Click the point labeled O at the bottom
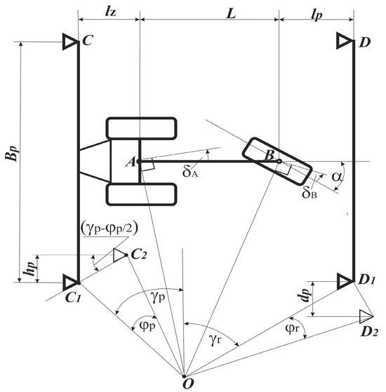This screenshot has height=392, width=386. click(184, 377)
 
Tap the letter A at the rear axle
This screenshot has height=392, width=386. click(131, 162)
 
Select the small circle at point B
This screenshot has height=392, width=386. click(279, 161)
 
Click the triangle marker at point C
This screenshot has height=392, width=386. click(70, 41)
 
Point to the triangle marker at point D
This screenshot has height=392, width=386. click(345, 40)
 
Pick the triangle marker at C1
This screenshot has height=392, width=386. click(71, 283)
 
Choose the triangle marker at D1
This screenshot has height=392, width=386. click(345, 281)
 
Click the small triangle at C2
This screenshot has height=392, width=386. click(119, 255)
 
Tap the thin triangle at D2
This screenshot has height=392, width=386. click(366, 316)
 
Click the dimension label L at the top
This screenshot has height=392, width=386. click(231, 14)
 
